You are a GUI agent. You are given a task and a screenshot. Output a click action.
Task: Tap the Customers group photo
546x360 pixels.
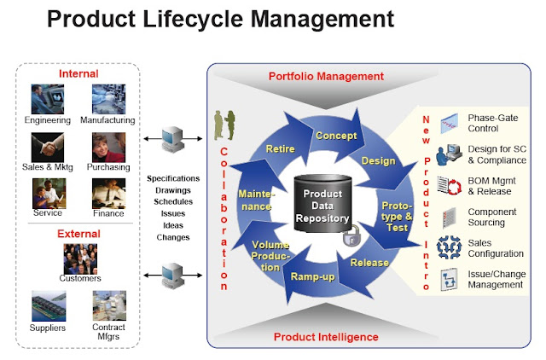click(x=79, y=258)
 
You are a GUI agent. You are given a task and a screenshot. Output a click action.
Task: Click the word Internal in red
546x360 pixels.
click(x=78, y=74)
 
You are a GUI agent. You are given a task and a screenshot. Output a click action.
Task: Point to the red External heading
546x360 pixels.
click(x=78, y=234)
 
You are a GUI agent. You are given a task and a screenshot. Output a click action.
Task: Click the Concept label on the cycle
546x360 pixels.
click(x=336, y=136)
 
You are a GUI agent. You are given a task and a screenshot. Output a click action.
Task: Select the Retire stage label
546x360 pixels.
click(x=280, y=149)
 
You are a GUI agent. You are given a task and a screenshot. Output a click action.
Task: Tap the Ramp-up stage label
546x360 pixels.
click(x=313, y=277)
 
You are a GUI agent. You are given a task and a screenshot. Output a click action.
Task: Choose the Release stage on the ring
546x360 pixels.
click(x=369, y=263)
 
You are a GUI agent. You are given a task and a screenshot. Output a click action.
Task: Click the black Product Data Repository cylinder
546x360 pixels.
click(x=324, y=205)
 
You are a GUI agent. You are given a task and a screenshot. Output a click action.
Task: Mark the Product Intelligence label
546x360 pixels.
click(x=326, y=336)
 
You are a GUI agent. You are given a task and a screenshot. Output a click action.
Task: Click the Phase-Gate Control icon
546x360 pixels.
click(x=449, y=125)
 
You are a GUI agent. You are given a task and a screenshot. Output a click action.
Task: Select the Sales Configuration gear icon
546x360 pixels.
click(x=449, y=247)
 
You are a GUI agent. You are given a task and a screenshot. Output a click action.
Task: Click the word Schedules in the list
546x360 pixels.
click(x=173, y=201)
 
